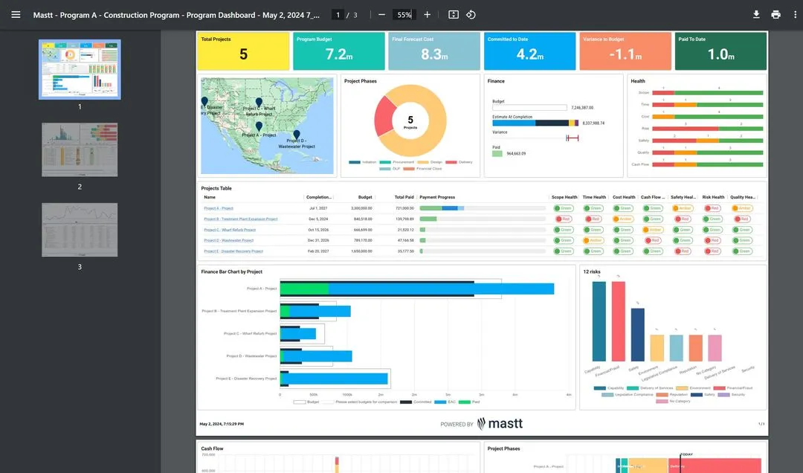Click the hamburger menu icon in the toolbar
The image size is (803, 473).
click(16, 14)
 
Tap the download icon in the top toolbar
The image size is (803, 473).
click(756, 14)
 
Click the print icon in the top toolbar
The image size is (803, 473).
click(775, 14)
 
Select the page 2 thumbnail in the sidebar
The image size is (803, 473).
click(80, 149)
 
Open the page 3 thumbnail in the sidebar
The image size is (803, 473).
click(80, 230)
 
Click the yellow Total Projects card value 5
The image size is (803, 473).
click(243, 54)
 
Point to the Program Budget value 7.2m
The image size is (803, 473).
click(340, 54)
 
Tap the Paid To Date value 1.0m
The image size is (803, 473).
click(721, 54)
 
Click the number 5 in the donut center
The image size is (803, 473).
click(410, 119)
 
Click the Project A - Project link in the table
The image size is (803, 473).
click(219, 208)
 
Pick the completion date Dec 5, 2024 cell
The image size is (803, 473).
click(318, 219)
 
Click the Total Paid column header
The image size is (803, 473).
click(404, 197)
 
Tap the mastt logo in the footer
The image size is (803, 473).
click(500, 423)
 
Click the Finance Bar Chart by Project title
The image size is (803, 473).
click(231, 271)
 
